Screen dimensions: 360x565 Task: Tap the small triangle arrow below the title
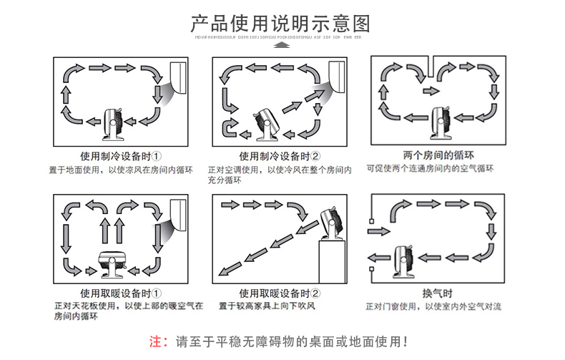[282, 44]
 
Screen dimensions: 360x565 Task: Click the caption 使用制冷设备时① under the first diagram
[121, 156]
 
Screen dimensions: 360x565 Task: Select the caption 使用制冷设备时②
[280, 156]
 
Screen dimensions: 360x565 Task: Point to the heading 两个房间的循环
[429, 155]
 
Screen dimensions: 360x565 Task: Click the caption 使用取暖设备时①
[121, 293]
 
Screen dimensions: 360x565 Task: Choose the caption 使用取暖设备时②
[280, 293]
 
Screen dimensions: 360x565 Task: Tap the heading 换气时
[438, 293]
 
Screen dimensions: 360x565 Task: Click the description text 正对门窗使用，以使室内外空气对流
[433, 306]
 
